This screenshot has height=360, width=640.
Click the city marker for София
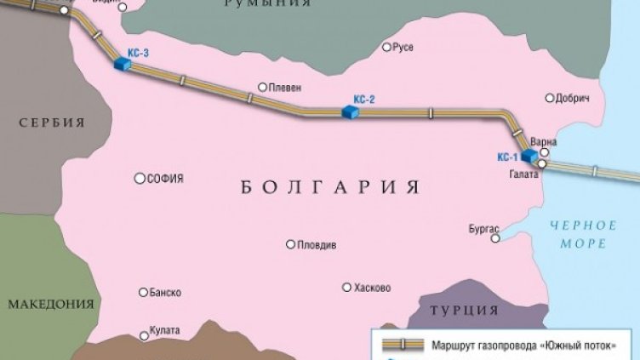(x=140, y=179)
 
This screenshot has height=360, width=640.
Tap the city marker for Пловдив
(x=290, y=244)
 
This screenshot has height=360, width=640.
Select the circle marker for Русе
(x=386, y=48)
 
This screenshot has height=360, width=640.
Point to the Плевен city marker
(x=263, y=87)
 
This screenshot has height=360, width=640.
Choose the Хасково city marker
(x=346, y=288)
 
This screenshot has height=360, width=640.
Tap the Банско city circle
(x=142, y=292)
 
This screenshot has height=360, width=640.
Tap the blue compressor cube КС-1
(x=529, y=156)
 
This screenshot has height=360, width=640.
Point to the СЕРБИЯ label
(x=53, y=123)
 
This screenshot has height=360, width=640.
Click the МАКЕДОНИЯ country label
(x=50, y=304)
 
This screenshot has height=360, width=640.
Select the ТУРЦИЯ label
(x=464, y=310)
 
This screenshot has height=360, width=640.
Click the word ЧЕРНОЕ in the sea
(x=583, y=226)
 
